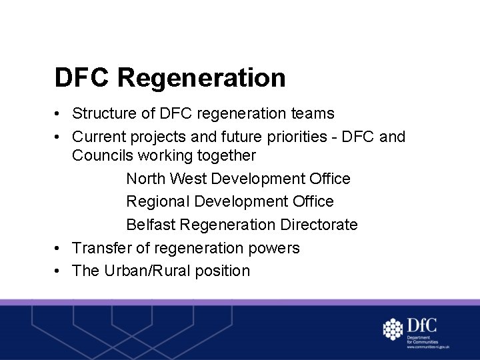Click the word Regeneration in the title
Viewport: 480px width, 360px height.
pos(201,78)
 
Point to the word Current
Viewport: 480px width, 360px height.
pos(98,137)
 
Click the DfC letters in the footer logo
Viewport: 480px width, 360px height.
pos(421,325)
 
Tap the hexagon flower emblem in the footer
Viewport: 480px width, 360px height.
pos(393,329)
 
